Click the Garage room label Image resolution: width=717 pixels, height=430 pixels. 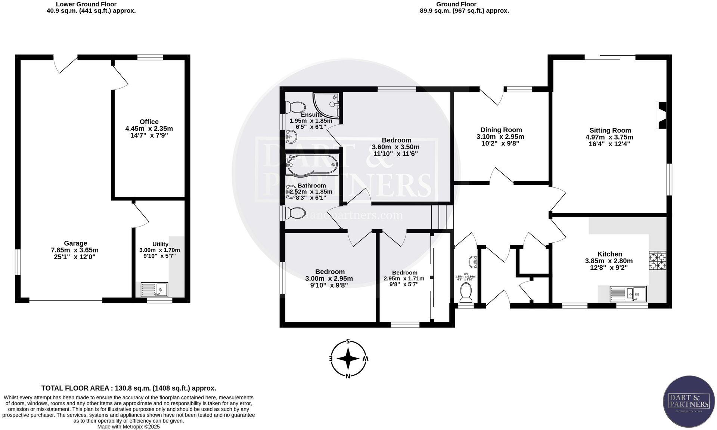coord(75,243)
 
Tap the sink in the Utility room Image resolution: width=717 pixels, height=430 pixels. coord(154,289)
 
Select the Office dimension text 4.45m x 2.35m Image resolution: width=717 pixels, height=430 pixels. coord(149,129)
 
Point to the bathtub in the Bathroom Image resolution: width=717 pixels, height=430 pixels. coord(312,165)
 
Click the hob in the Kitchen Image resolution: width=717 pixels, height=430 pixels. coord(657,261)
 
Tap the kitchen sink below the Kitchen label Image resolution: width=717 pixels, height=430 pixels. coord(628,294)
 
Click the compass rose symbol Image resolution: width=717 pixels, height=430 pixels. coord(348,359)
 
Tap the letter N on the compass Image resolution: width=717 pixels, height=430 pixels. coord(348,376)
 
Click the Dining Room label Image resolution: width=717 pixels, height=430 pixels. coord(501,130)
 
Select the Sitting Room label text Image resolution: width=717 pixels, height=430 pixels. coord(610,130)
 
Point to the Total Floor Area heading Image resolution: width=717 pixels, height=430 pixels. coord(128,388)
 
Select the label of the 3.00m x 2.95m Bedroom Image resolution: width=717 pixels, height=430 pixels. coord(329,272)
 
